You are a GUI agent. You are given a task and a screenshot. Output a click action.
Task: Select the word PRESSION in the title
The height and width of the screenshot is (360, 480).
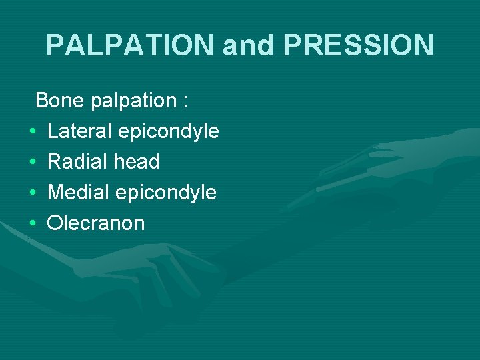pos(359,45)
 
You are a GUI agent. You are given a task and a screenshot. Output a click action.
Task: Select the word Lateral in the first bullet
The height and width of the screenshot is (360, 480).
pos(79,131)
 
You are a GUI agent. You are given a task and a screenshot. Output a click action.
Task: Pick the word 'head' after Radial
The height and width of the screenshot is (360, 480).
pos(137,161)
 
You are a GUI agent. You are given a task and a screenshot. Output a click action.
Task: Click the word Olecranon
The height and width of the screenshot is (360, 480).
pos(96,223)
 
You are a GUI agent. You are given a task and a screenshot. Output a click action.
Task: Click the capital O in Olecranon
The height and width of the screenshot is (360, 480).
pos(54,223)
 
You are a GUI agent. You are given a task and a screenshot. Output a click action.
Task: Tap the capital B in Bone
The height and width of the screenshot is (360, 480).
pos(42,101)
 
